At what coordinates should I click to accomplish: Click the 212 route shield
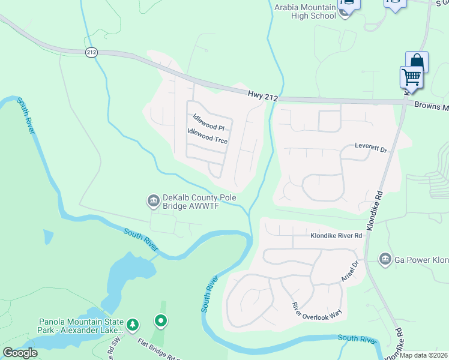click(91, 53)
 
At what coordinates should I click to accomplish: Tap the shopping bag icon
click(417, 61)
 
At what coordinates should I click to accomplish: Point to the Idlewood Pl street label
click(208, 122)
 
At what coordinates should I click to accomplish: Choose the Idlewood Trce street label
click(207, 136)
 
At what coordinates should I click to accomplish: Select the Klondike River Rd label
click(336, 236)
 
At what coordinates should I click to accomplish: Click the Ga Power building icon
click(385, 259)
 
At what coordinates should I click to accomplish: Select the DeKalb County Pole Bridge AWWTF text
click(199, 202)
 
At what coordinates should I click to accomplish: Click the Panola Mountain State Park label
click(81, 325)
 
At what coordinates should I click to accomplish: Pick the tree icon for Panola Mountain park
click(133, 325)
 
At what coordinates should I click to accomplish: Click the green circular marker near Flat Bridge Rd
click(160, 322)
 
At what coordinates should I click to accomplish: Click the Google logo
click(20, 353)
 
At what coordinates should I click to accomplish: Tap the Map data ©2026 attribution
click(424, 355)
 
